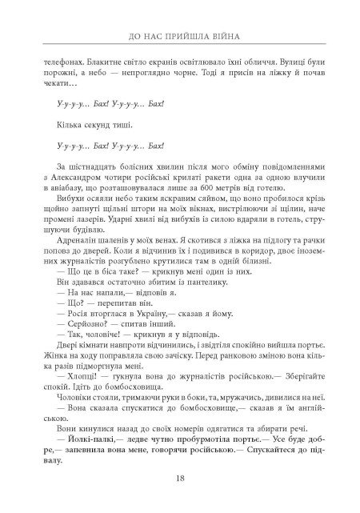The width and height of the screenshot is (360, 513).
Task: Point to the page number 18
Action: (180, 479)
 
